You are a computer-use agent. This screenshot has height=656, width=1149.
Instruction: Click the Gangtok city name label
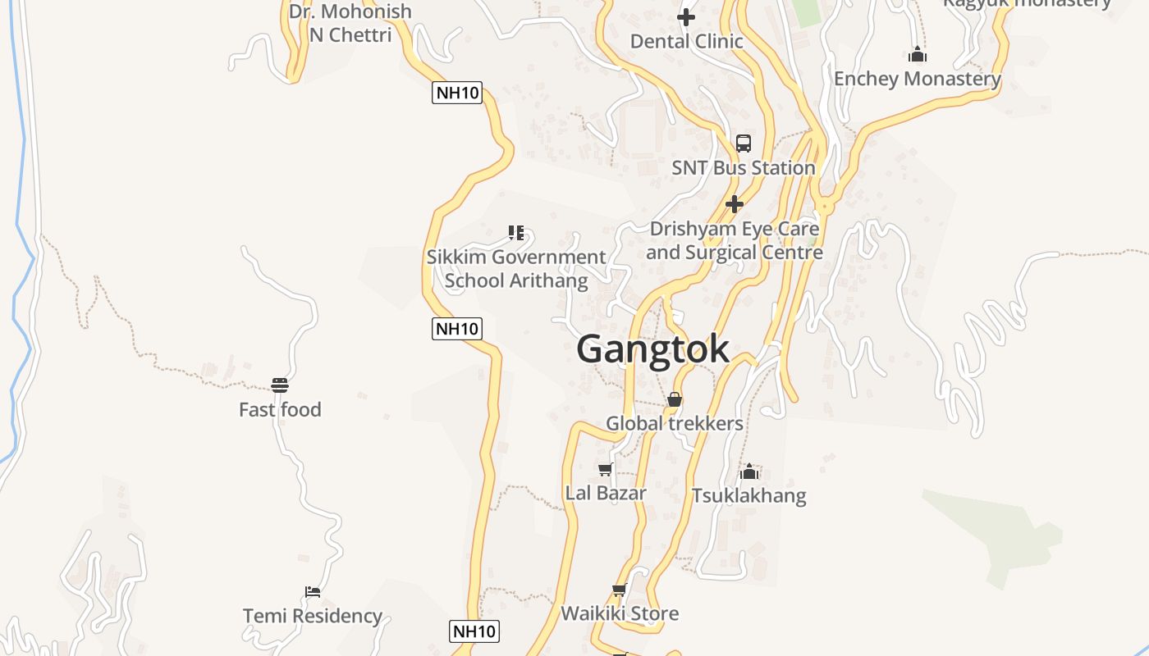coord(652,349)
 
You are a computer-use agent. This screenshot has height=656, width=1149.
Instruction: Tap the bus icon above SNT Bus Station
coord(744,143)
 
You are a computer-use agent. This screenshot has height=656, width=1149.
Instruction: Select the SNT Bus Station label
coord(744,168)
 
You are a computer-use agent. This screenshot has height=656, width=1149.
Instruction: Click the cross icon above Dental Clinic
coord(686,16)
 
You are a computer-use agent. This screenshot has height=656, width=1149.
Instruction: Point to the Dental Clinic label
coord(686,41)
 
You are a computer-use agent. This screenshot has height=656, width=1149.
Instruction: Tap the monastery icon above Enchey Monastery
coord(918,55)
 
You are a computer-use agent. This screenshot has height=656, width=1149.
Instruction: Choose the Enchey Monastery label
coord(918,79)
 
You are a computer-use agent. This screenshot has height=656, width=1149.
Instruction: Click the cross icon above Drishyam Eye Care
coord(735,204)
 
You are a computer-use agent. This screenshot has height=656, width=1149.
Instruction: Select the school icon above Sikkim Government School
coord(515,233)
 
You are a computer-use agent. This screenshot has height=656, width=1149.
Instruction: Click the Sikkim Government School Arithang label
coord(516,268)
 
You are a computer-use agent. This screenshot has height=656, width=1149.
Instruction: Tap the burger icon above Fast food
coord(280,385)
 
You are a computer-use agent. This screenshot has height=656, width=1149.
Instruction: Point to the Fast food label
coord(280,410)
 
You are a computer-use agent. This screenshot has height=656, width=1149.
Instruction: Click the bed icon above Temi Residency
coord(313,591)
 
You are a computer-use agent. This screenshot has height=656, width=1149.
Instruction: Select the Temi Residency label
coord(313,616)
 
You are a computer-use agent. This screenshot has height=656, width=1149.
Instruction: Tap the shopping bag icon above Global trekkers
coord(675,399)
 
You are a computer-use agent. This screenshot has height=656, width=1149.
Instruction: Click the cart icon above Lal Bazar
coord(606,469)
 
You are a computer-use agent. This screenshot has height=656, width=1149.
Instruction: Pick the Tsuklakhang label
coord(748,496)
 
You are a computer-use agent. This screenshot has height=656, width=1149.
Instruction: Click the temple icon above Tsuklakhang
coord(748,471)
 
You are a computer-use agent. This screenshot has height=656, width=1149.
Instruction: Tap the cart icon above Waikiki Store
coord(620,590)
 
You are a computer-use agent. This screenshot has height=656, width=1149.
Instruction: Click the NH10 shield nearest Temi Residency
coord(474,631)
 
